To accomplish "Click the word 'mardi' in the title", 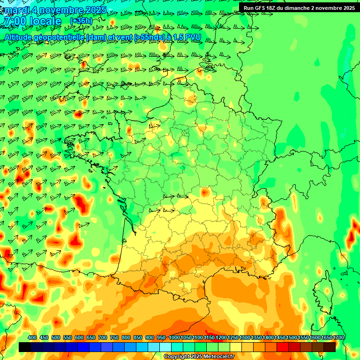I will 15,9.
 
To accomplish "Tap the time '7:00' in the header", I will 15,21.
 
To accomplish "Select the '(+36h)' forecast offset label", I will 81,21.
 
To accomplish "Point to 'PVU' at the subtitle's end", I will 193,37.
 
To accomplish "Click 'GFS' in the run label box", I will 261,7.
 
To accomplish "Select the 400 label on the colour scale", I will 32,337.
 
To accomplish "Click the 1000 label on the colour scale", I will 174,337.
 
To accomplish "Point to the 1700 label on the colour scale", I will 338,337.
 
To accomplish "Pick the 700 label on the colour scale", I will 103,337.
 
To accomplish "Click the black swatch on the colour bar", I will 25,347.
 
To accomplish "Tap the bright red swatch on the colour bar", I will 283,347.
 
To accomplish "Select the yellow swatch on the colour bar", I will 236,347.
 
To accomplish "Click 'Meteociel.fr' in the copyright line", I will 218,357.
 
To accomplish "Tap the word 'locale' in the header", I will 45,21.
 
